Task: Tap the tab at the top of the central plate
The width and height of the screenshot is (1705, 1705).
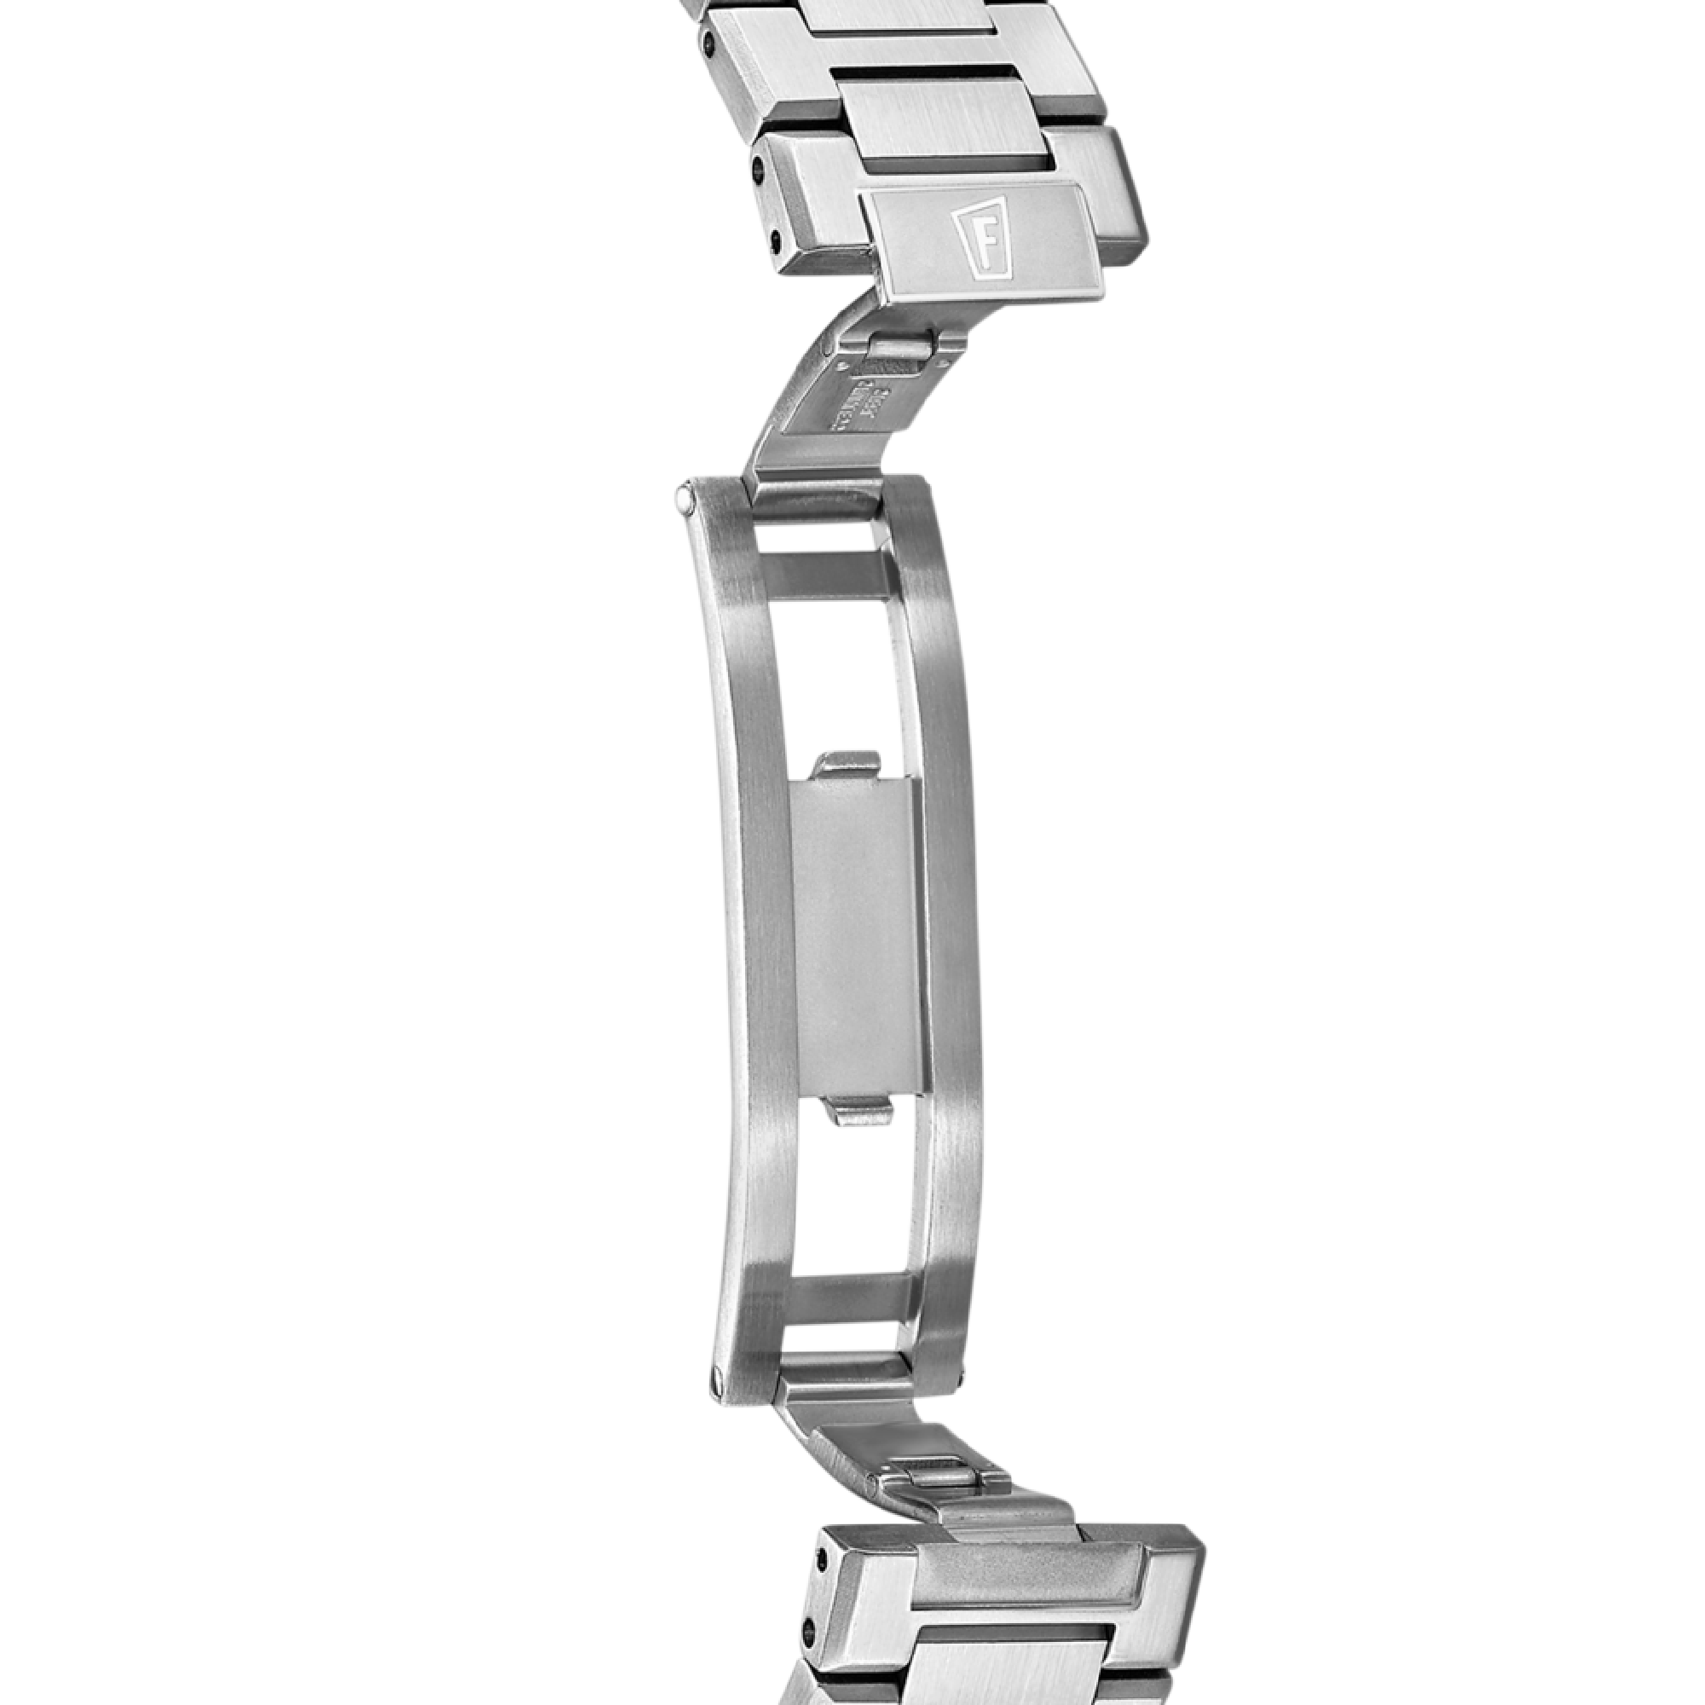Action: click(847, 764)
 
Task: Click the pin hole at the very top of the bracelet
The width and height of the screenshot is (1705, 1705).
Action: click(708, 42)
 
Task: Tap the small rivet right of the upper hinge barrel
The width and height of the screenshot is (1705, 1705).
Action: click(944, 361)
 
